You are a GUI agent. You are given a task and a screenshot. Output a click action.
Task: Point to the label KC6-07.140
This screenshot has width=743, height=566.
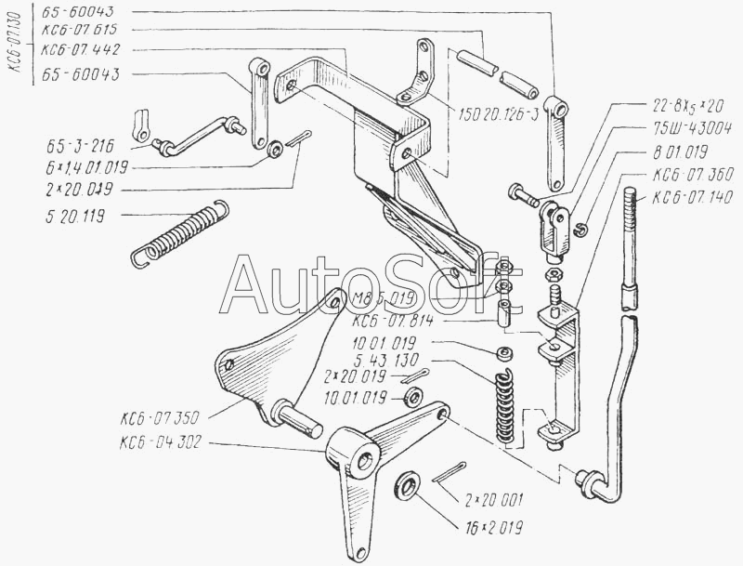coord(692,196)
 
